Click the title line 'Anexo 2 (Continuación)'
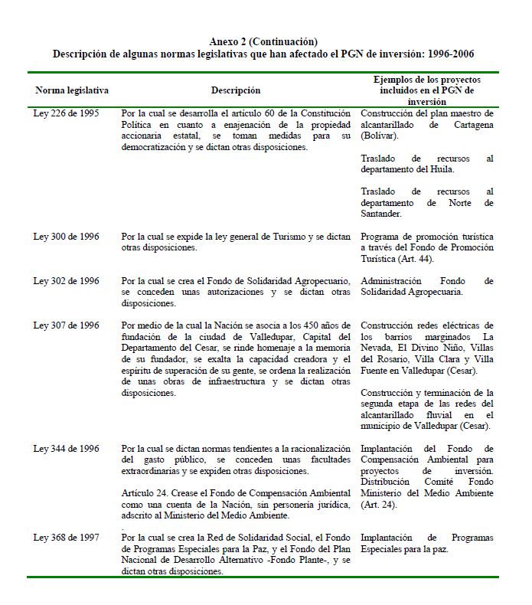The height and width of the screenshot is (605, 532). tap(263, 41)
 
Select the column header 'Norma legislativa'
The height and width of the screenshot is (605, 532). tap(72, 90)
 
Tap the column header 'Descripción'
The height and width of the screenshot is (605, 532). tap(235, 90)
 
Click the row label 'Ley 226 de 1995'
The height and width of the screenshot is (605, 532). tap(66, 113)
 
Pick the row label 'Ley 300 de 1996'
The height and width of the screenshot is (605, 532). tap(66, 237)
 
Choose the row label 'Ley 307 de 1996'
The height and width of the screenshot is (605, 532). tap(66, 325)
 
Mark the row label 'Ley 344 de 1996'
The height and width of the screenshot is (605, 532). tap(66, 449)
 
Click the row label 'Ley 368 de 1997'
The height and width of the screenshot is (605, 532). tap(66, 538)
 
